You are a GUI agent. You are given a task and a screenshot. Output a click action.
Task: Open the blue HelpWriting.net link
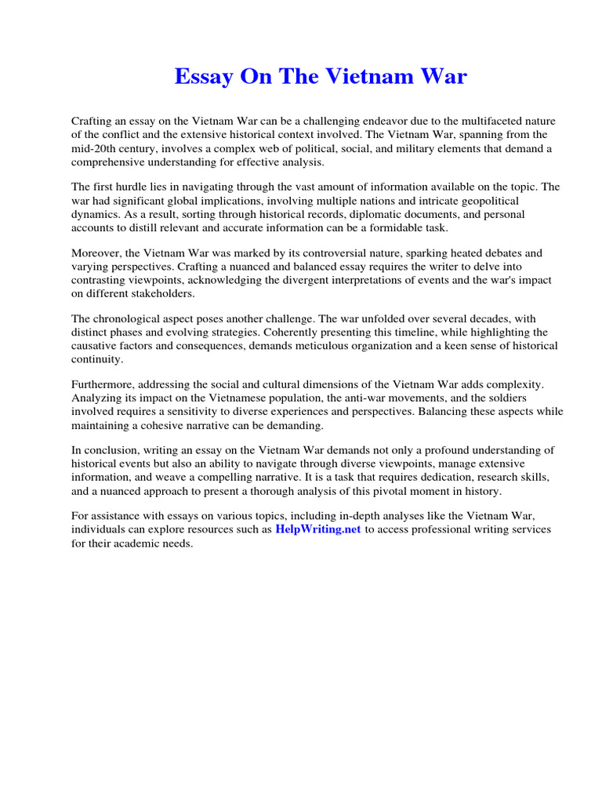[317, 529]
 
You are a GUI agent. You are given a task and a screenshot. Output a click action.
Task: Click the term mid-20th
[94, 149]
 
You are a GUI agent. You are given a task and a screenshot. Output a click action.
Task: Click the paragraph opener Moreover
[98, 253]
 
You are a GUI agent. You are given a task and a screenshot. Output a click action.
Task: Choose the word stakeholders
[173, 295]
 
